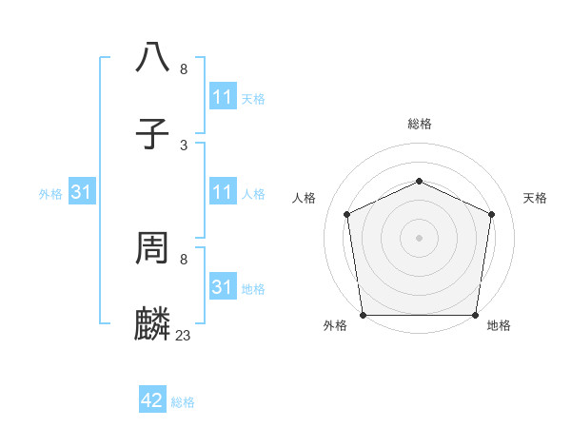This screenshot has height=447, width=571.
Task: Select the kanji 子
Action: coord(153,135)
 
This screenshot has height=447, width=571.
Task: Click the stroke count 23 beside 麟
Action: coord(184,335)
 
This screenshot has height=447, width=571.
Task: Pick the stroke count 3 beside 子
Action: coord(184,145)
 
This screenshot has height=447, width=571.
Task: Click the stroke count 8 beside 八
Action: coord(184,68)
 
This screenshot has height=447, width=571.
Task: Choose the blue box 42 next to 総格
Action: coord(152,400)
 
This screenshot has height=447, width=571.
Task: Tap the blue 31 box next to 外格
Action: coord(81,192)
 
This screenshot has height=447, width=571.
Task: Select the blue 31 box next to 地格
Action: coord(222,287)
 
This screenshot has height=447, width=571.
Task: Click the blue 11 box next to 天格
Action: coord(222,97)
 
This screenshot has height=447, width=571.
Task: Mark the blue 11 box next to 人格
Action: coord(222,192)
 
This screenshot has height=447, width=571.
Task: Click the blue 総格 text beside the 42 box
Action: coord(183,402)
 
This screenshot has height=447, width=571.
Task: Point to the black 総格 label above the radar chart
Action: coord(420,124)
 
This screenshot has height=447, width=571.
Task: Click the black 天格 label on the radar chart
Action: coord(535,198)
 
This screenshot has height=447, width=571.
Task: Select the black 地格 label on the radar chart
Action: coord(499,326)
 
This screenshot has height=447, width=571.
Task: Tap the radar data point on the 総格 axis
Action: coord(420,181)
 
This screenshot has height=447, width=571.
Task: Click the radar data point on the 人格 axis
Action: coord(347,214)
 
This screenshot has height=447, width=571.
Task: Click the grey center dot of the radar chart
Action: coord(420,237)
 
